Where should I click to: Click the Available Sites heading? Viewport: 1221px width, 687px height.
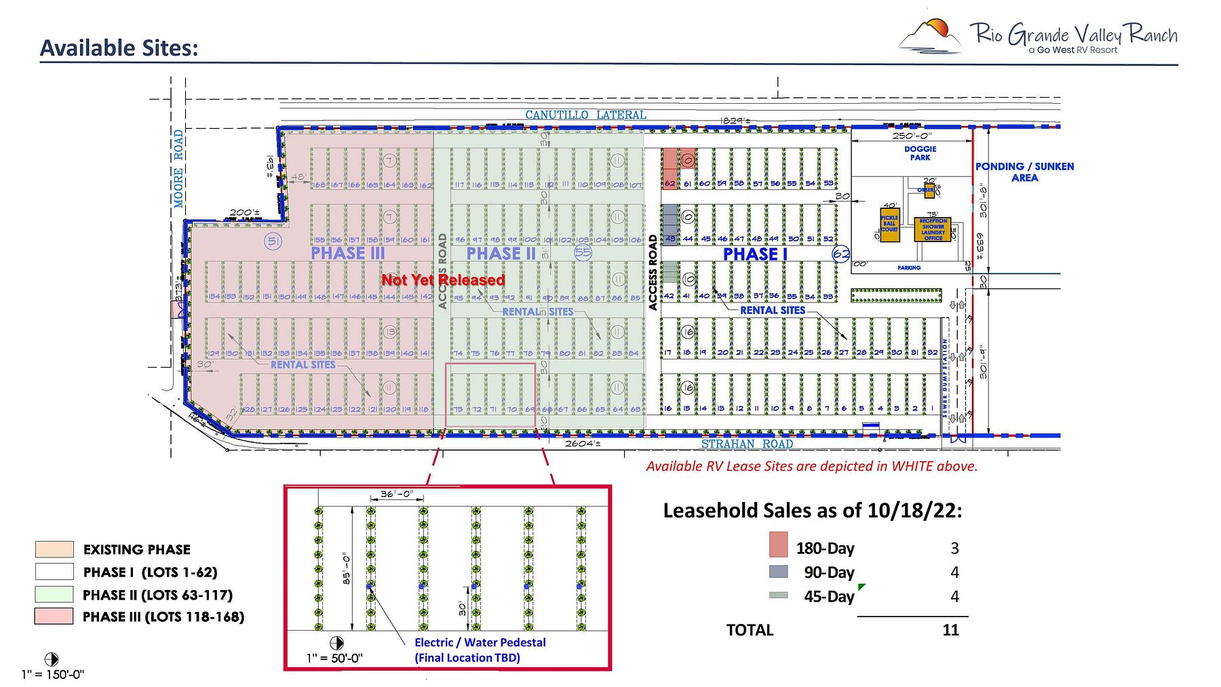point(119,48)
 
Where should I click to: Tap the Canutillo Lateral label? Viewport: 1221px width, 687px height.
point(585,115)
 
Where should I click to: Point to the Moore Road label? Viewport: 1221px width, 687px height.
point(178,168)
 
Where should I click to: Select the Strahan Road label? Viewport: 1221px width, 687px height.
point(747,444)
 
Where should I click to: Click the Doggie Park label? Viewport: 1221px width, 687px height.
point(920,153)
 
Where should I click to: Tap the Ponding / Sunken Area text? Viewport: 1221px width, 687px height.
point(1024,172)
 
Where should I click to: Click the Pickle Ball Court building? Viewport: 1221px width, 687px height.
point(889,224)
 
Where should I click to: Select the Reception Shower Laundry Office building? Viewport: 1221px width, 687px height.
point(933,229)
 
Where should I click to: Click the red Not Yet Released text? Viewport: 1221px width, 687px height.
point(443,280)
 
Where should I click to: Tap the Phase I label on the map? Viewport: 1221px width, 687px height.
point(754,254)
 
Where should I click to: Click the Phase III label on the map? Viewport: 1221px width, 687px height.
point(347,253)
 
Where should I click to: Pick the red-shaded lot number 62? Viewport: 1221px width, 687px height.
point(670,183)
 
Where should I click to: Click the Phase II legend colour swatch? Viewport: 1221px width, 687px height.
point(54,594)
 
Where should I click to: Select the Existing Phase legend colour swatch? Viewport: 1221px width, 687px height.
point(54,549)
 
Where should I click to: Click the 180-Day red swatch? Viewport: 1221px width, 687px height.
point(778,545)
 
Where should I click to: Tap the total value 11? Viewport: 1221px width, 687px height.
point(950,630)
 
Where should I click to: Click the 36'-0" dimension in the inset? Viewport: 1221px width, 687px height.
point(396,494)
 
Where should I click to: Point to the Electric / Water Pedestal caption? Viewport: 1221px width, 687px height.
point(480,642)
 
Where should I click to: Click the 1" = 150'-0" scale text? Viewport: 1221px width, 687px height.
point(52,674)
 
